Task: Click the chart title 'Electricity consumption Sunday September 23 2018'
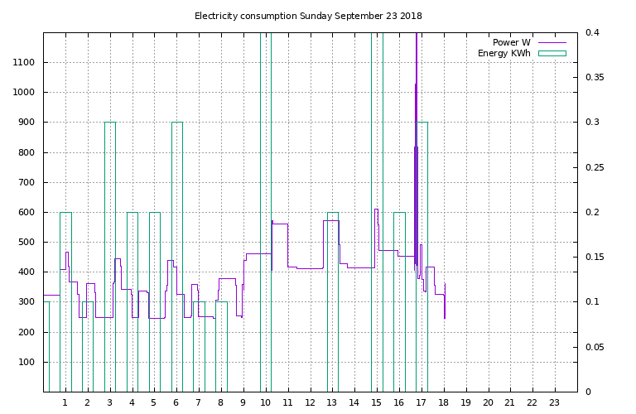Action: pyautogui.click(x=308, y=17)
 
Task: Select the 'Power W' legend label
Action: pyautogui.click(x=512, y=42)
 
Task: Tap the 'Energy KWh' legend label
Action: pyautogui.click(x=504, y=54)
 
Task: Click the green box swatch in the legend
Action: pyautogui.click(x=552, y=54)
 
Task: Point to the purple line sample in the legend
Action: pyautogui.click(x=552, y=42)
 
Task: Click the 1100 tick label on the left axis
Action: pyautogui.click(x=24, y=62)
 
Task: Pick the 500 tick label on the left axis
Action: pyautogui.click(x=26, y=242)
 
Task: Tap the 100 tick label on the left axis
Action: pyautogui.click(x=26, y=362)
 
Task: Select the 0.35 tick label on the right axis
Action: pyautogui.click(x=595, y=78)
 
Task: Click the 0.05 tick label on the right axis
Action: pyautogui.click(x=595, y=347)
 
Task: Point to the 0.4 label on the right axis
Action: pyautogui.click(x=592, y=32)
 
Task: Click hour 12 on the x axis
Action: pyautogui.click(x=310, y=402)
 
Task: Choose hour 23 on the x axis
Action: pyautogui.click(x=554, y=402)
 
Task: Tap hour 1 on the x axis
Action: pyautogui.click(x=65, y=402)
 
